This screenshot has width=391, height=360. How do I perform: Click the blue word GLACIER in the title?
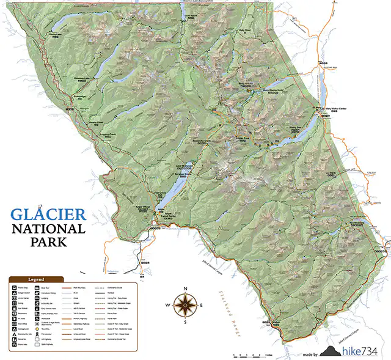click(48, 215)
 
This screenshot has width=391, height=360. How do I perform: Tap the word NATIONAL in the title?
click(48, 230)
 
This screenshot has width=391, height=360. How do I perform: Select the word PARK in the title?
click(48, 242)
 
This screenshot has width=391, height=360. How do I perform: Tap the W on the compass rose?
click(170, 303)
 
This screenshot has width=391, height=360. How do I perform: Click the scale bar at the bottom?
click(252, 354)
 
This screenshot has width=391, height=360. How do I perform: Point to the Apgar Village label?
click(141, 207)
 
